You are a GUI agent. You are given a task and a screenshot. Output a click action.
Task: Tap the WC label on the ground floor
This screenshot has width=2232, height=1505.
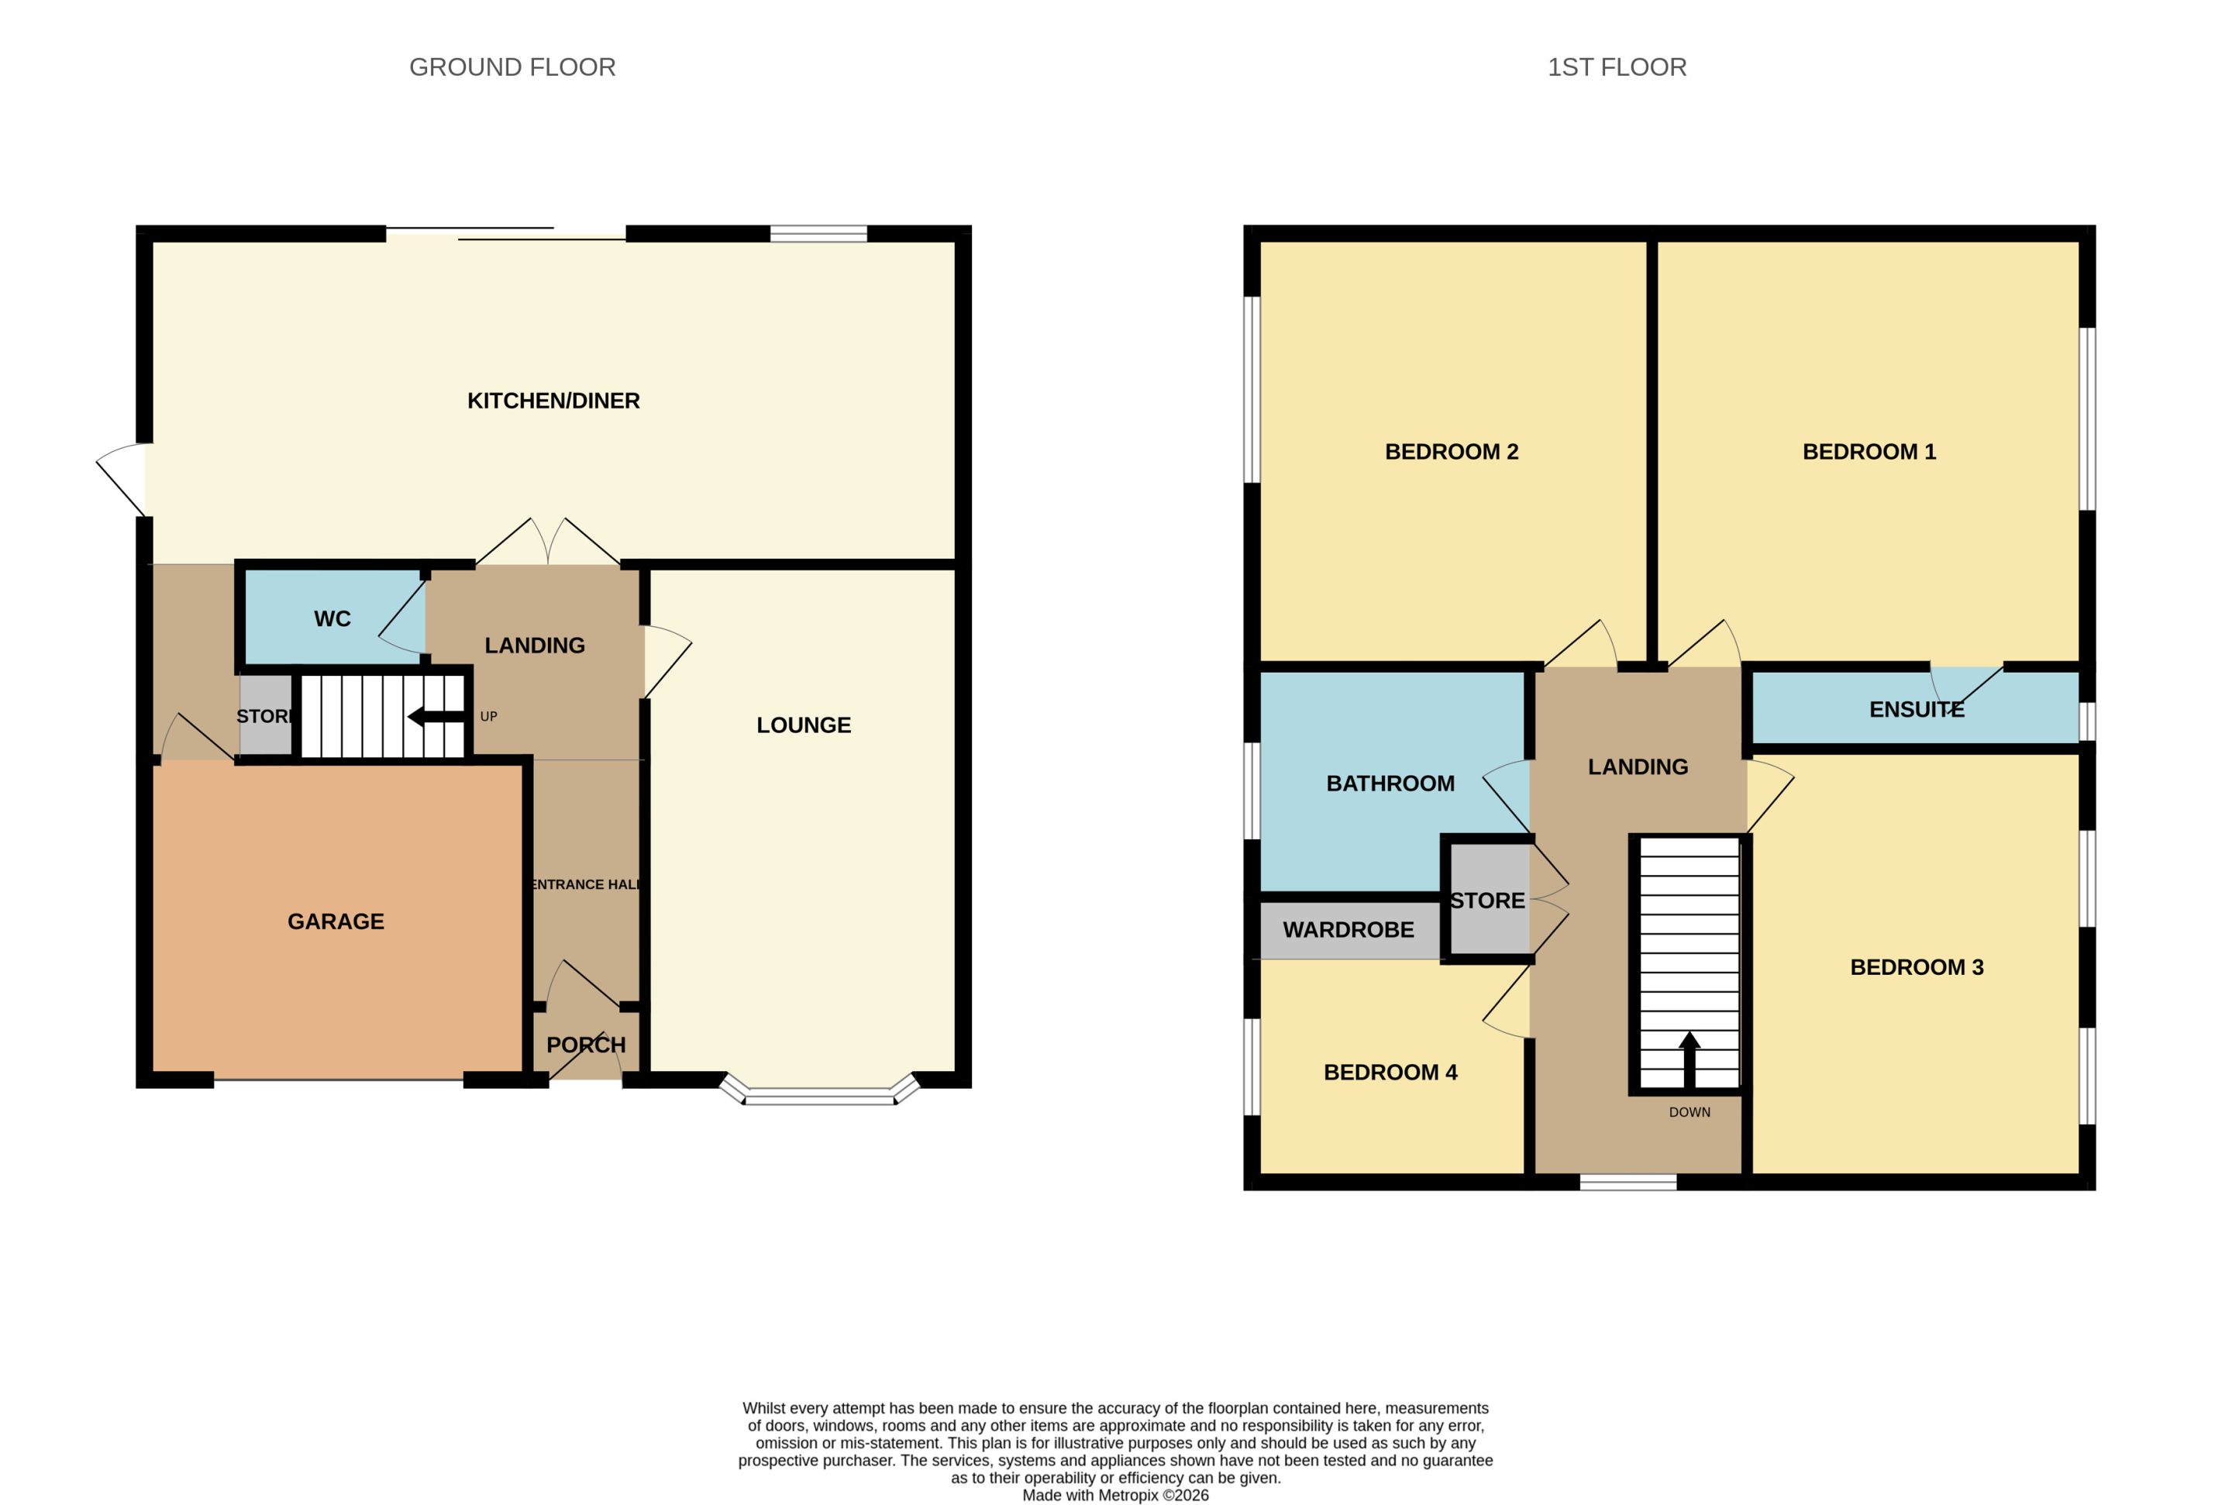point(332,619)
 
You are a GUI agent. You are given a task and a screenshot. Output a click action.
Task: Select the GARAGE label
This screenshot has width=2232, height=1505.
point(336,921)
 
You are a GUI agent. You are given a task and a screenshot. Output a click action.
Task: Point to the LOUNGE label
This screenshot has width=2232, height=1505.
point(803,725)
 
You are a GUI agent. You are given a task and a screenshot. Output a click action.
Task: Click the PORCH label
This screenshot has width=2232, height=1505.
point(587,1045)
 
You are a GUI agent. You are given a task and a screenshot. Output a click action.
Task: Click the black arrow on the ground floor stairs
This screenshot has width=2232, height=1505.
point(436,717)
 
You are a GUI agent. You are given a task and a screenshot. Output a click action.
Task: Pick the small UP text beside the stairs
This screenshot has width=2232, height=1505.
point(488,716)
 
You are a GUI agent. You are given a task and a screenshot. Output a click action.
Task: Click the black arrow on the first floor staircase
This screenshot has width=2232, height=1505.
point(1689,1059)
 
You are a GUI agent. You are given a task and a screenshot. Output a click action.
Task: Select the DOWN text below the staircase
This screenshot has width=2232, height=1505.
point(1689,1112)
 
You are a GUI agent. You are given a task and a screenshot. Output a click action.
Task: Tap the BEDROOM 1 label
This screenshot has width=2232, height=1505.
point(1869,452)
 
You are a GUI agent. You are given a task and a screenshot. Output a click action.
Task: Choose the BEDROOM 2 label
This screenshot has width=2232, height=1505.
point(1452,452)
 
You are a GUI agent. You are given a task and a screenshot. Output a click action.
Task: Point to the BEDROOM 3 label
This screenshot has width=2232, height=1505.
point(1917,967)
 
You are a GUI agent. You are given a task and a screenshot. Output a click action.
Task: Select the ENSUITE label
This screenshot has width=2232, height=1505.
point(1917,709)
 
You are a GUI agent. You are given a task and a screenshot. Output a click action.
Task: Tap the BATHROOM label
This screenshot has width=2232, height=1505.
point(1390,783)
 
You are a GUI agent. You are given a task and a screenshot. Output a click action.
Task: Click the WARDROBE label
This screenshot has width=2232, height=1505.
point(1348,930)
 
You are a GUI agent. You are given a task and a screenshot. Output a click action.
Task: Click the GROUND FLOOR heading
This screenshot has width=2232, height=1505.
point(512,67)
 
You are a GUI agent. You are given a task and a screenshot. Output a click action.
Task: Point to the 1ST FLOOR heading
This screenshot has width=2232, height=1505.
point(1617,67)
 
